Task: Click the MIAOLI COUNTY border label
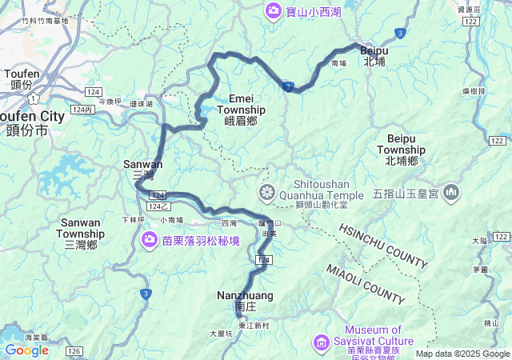(365, 284)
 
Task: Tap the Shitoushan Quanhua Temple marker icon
(266, 192)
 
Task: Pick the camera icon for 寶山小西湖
(273, 11)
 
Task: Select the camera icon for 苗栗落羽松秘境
(149, 239)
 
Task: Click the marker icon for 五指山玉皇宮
(451, 192)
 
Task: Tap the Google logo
(26, 350)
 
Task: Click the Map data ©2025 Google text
(462, 354)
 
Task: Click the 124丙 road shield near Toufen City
(82, 110)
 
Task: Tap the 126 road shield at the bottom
(74, 350)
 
